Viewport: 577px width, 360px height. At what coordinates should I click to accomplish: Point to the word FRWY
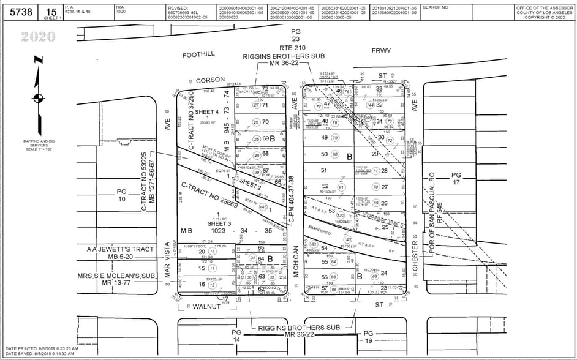click(x=381, y=51)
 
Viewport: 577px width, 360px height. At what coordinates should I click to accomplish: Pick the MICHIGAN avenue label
click(x=295, y=261)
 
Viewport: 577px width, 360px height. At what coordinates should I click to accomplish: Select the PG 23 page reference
click(x=296, y=35)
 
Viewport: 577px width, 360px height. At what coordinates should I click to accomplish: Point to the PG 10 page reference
click(x=121, y=195)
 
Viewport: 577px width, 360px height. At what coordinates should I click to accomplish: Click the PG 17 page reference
click(x=455, y=179)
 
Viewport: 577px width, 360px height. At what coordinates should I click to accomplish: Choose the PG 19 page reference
click(x=368, y=336)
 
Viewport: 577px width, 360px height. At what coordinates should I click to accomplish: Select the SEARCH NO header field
click(x=436, y=7)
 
